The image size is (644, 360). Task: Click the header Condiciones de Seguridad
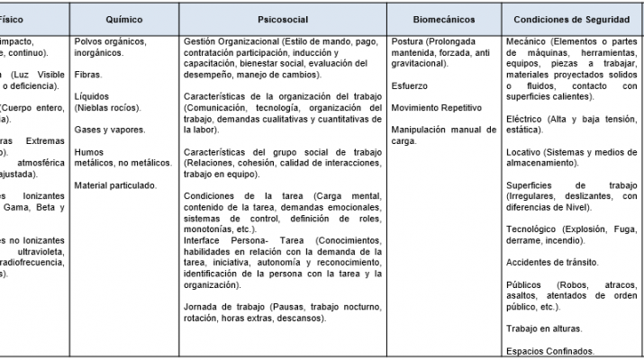(x=571, y=17)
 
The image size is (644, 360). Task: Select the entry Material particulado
(x=115, y=184)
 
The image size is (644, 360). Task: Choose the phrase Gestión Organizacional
(x=231, y=42)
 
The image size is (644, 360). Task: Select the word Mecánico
(x=527, y=42)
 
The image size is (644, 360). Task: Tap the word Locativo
(x=524, y=153)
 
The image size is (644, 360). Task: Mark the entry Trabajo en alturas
(x=543, y=328)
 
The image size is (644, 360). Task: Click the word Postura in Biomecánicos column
(x=408, y=42)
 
